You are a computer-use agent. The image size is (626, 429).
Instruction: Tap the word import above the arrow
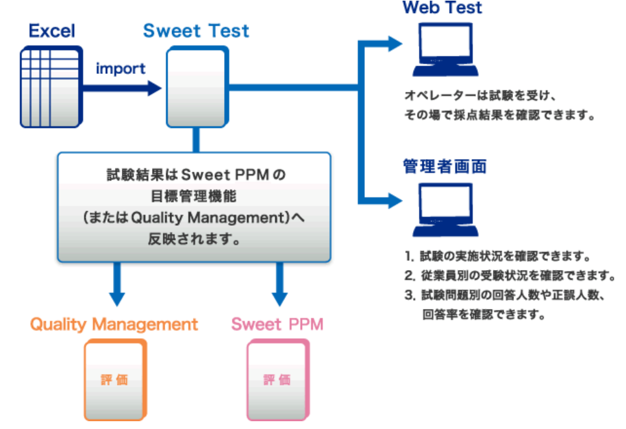(x=121, y=68)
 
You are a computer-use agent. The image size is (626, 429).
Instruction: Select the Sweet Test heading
(x=195, y=31)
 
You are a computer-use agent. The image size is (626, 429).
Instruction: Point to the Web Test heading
(x=442, y=8)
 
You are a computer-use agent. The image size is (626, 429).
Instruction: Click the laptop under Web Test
(x=445, y=52)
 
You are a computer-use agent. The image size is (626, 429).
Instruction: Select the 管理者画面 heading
(x=445, y=166)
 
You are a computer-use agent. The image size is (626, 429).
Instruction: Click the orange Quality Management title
(x=114, y=324)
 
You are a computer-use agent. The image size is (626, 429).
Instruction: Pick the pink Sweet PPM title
(x=277, y=324)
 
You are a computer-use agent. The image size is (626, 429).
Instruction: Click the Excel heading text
(x=52, y=31)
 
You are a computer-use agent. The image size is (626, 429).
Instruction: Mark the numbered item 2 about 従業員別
(x=509, y=275)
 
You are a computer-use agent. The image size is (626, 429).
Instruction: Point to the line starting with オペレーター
(x=478, y=96)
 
